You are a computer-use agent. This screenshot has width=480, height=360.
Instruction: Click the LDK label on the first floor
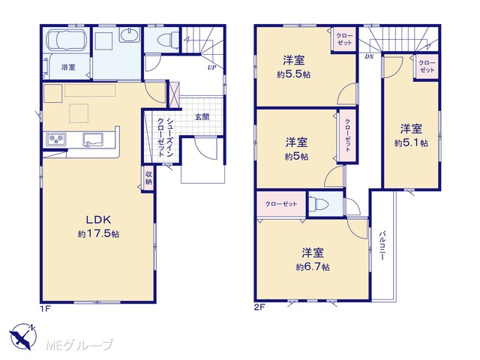(98, 220)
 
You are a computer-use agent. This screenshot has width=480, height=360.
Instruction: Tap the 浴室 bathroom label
(68, 67)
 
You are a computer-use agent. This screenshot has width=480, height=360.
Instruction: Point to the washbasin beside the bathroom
(130, 34)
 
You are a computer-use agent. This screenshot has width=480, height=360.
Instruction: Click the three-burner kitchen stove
(56, 139)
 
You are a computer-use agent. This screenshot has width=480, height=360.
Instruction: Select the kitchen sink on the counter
(93, 139)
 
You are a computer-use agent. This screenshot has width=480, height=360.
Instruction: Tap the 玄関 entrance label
(202, 117)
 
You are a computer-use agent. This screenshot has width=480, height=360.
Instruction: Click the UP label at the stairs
(211, 67)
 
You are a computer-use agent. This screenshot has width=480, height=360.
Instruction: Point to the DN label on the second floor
(369, 57)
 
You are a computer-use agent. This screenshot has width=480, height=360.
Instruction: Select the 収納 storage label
(148, 178)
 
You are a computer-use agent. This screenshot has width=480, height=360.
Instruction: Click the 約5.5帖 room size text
(293, 75)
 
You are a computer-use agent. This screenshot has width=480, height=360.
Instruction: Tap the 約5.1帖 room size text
(411, 143)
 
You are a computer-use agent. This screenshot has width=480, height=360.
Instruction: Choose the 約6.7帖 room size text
(313, 267)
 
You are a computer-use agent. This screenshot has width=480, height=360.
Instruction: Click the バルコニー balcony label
(382, 245)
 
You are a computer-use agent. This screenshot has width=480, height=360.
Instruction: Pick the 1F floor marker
(45, 308)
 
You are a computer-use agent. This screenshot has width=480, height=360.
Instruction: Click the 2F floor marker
(259, 307)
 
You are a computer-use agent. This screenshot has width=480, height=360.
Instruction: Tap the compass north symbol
(23, 336)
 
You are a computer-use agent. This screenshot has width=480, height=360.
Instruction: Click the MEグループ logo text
(80, 345)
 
